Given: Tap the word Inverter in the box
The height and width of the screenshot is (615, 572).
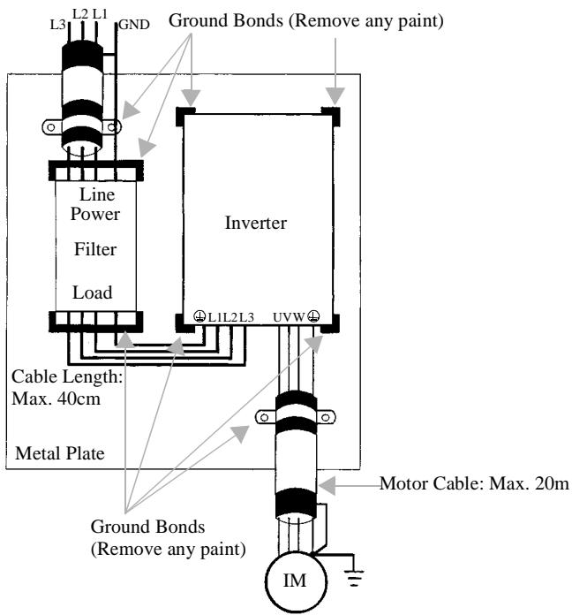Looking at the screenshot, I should [x=256, y=224].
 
